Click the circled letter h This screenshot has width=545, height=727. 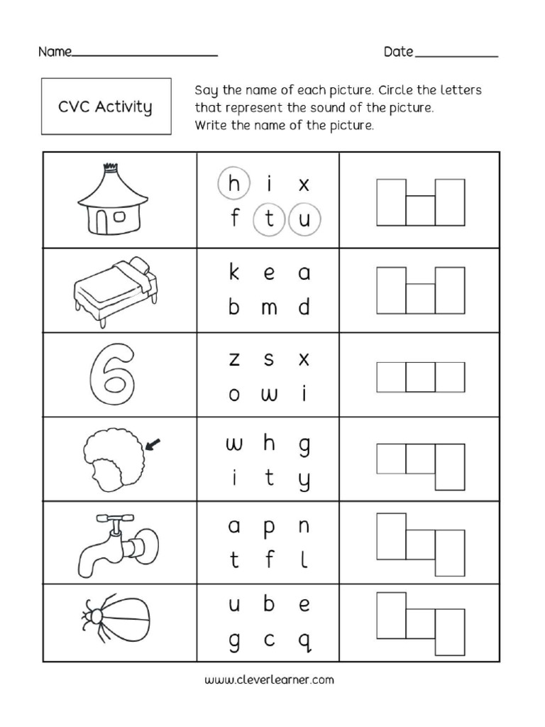pos(233,185)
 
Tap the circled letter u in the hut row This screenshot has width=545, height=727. pos(304,219)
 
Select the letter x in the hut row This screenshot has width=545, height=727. pos(304,185)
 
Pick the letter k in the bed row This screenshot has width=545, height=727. pos(234,273)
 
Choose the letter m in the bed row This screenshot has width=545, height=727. pos(269,308)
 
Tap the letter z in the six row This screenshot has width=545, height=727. pos(234,360)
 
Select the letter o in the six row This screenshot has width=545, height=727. pos(234,395)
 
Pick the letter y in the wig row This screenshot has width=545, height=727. pos(304,481)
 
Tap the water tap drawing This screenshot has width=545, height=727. pos(116,545)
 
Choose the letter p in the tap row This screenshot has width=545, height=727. pos(269,529)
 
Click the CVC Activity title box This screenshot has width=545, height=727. pos(106,106)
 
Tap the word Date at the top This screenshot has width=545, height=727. pos(398,52)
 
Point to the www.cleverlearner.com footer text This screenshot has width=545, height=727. pos(269,679)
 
